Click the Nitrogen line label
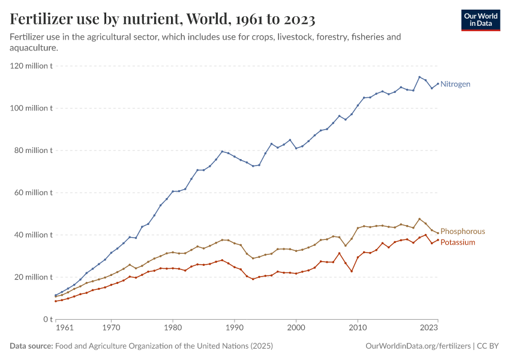click(455, 84)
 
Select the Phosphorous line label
click(463, 231)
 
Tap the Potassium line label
click(457, 242)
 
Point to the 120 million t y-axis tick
click(32, 66)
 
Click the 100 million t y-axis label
click(32, 108)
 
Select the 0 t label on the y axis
click(46, 319)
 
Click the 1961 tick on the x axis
click(64, 328)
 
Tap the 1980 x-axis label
click(173, 328)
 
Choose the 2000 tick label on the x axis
click(296, 328)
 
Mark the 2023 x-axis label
click(428, 328)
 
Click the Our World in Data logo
click(480, 20)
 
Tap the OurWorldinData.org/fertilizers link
click(418, 346)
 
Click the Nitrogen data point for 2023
click(438, 83)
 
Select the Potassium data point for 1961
click(56, 301)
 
